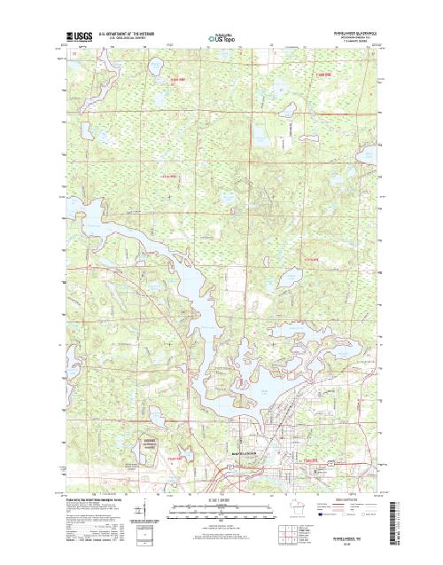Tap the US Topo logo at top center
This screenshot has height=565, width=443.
(x=222, y=39)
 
